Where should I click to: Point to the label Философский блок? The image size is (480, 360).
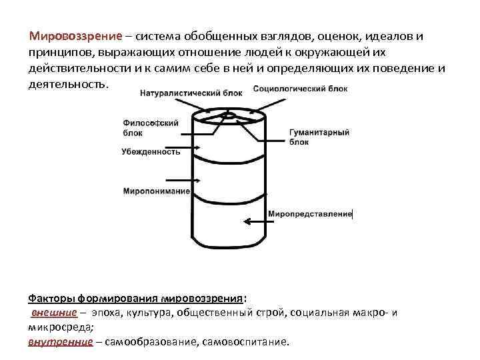point(141,127)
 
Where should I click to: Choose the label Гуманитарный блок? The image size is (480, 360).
point(319,137)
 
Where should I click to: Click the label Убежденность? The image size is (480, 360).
point(151,151)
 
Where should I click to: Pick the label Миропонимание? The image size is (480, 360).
point(156,191)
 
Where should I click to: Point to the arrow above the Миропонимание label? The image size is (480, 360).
point(170,179)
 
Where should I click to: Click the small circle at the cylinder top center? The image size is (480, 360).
point(228,116)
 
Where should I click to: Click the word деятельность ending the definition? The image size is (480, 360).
point(67,86)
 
